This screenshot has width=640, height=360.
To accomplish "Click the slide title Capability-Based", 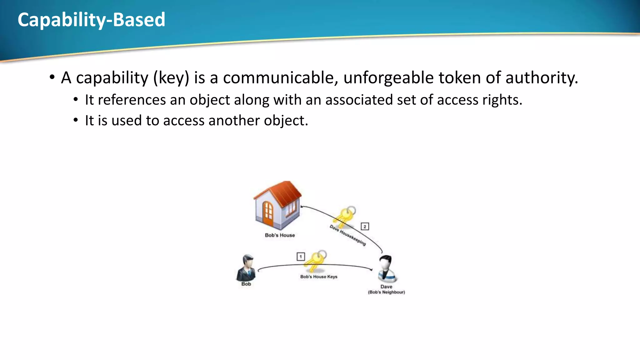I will [x=91, y=20].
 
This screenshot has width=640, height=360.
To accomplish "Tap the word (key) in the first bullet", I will [x=171, y=78].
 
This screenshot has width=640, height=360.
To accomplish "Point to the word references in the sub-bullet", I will [x=132, y=100].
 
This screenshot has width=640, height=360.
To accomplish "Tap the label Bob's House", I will [x=280, y=235].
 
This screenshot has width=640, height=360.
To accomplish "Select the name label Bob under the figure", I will [x=246, y=284].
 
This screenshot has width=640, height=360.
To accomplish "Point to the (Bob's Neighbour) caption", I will [x=386, y=292].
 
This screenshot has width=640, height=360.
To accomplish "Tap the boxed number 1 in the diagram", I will [x=301, y=257].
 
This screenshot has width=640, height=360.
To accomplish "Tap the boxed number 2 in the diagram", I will [x=365, y=226].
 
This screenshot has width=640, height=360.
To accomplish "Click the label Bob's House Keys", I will [x=319, y=277].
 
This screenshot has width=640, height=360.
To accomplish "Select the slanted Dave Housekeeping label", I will [x=347, y=235].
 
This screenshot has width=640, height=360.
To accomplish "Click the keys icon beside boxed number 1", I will [x=316, y=261].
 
